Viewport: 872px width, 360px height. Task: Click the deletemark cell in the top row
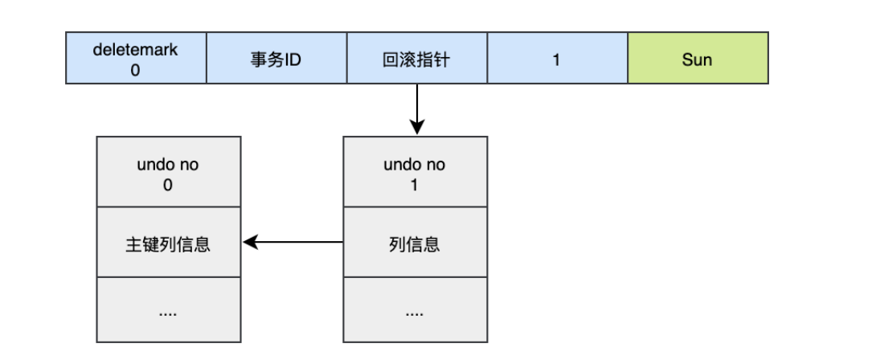[136, 59]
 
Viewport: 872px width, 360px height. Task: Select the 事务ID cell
[276, 59]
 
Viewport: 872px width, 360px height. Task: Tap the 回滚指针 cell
[416, 59]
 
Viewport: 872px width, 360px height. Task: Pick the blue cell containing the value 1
[556, 59]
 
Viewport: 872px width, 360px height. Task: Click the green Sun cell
[697, 59]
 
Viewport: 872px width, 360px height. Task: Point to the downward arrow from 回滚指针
[416, 108]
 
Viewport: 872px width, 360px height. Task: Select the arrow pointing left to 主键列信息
[293, 242]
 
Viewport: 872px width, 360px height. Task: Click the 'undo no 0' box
[168, 172]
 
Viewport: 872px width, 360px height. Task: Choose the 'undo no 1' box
[415, 172]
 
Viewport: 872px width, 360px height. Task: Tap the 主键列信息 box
[168, 243]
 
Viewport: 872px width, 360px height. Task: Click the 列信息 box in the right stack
[415, 243]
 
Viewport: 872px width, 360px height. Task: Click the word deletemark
[136, 50]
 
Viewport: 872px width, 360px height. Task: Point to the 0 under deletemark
[135, 70]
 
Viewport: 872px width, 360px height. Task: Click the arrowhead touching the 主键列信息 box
[249, 242]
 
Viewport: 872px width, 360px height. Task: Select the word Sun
[697, 59]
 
